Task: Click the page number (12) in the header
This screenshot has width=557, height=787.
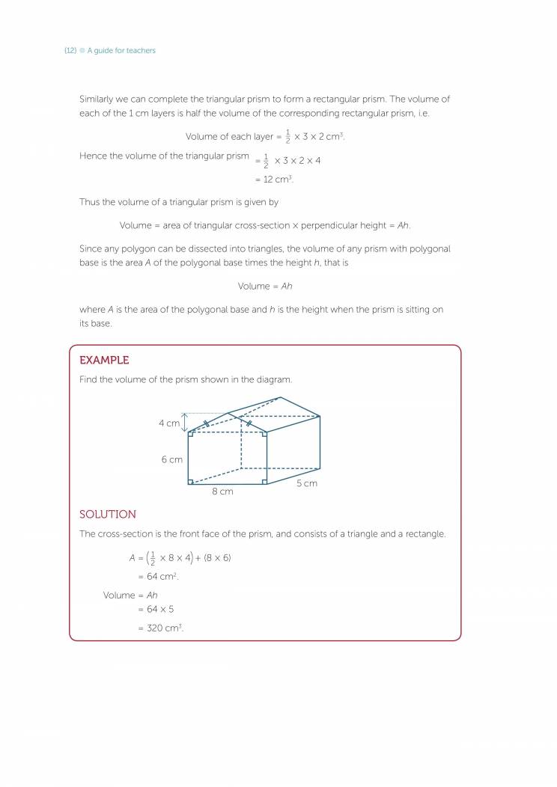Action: click(70, 51)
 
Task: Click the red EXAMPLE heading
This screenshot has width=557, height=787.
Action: click(104, 360)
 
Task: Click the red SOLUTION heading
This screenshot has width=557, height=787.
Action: click(108, 514)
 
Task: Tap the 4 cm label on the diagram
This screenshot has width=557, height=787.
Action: click(169, 423)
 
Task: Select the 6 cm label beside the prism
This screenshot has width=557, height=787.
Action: click(171, 459)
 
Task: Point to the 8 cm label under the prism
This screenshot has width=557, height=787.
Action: click(222, 492)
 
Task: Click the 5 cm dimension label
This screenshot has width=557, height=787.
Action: click(306, 483)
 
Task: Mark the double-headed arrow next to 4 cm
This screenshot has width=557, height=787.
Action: click(185, 423)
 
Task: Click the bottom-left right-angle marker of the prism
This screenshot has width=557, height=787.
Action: click(190, 481)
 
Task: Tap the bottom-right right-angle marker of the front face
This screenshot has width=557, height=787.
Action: click(264, 481)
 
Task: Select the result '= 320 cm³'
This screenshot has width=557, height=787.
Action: click(160, 628)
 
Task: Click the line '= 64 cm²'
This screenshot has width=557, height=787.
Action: click(158, 577)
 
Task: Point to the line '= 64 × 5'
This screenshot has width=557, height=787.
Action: click(156, 609)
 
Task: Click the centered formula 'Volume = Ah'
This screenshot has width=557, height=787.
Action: click(264, 286)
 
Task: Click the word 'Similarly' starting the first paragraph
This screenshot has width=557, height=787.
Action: click(97, 99)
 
